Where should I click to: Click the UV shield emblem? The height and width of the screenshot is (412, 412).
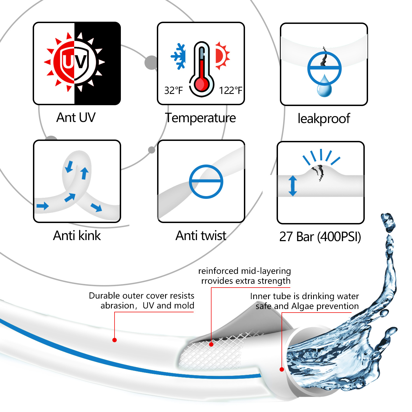click(75, 62)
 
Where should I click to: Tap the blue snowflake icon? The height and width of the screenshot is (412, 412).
click(178, 56)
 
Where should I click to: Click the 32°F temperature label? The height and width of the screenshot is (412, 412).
click(173, 90)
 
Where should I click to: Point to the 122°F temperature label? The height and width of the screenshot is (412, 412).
click(230, 90)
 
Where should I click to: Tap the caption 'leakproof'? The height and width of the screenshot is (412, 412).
click(324, 119)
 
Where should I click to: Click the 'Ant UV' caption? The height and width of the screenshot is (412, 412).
click(76, 117)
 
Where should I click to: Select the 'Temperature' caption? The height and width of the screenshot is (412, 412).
click(201, 118)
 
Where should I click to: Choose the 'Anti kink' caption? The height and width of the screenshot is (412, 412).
click(77, 235)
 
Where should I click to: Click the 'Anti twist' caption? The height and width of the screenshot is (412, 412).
click(201, 235)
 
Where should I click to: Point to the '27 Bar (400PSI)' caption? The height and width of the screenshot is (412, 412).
click(320, 236)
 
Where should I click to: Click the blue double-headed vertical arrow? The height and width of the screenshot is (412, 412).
click(293, 186)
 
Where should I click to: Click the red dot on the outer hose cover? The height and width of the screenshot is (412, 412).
click(115, 340)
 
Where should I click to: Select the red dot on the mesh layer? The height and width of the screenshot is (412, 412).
click(211, 344)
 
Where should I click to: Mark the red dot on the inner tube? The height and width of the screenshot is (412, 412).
click(282, 369)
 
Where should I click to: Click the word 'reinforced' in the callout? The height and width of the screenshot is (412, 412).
click(218, 271)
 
